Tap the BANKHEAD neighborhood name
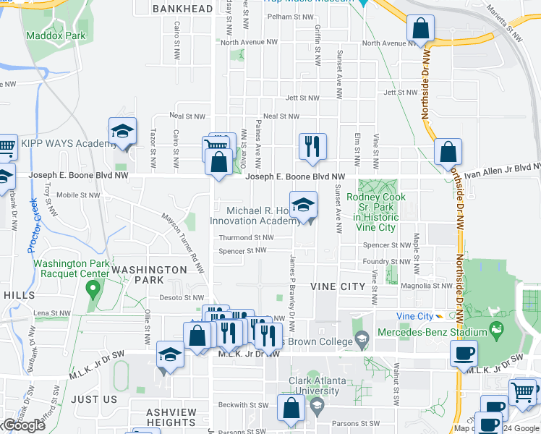click(183, 9)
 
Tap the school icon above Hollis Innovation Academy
click(304, 205)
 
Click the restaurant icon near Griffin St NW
click(312, 146)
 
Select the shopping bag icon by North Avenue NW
click(420, 30)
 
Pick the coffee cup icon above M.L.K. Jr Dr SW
click(464, 353)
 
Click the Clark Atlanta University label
click(313, 386)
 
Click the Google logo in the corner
click(23, 425)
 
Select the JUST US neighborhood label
click(95, 399)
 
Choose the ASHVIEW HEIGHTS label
click(171, 417)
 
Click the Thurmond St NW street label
click(246, 237)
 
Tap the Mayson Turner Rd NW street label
click(182, 240)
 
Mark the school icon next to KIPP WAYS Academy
click(122, 131)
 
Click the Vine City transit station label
click(414, 316)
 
